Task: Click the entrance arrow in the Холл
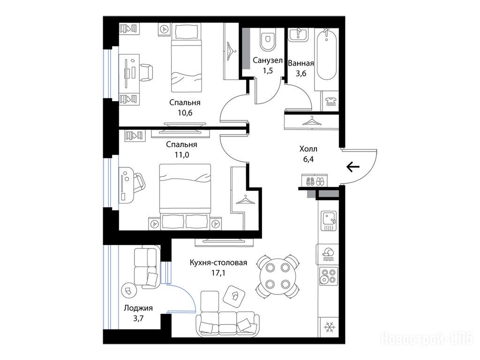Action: (353, 167)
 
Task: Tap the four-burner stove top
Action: (329, 276)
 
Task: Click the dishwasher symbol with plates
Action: (328, 255)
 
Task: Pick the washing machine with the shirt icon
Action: (330, 101)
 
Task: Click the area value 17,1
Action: (218, 273)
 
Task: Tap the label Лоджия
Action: (138, 308)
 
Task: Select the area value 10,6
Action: (185, 112)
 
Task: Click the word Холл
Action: (308, 149)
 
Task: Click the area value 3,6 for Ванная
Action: (301, 74)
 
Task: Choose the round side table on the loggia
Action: (128, 289)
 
